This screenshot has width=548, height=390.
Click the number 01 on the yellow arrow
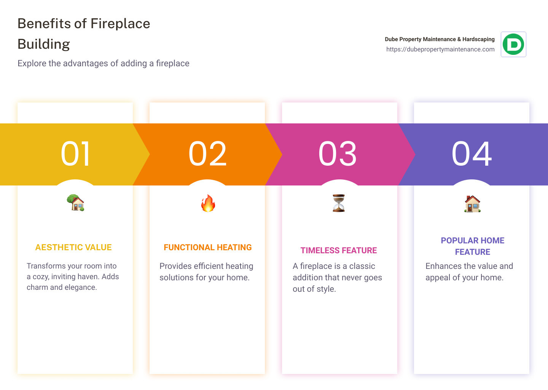(75, 154)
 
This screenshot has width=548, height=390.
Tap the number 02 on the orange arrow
(207, 154)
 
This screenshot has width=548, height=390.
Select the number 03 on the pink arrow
(338, 154)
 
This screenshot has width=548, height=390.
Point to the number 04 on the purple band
(472, 154)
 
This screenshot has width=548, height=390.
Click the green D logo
(513, 45)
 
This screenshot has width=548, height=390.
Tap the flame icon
(208, 203)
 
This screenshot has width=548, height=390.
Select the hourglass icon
(339, 203)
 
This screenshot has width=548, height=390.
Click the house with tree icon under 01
(75, 203)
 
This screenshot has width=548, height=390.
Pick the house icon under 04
(472, 204)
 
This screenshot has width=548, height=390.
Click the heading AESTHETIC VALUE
(73, 248)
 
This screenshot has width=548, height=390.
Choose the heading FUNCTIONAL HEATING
(208, 248)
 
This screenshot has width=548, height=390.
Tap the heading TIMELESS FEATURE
(339, 251)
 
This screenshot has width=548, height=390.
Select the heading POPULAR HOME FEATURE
(473, 246)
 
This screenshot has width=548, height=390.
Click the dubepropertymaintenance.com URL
(440, 50)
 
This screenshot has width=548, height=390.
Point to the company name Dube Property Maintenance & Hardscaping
(440, 39)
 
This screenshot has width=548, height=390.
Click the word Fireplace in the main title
(120, 24)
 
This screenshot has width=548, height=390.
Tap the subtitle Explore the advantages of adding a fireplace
(104, 63)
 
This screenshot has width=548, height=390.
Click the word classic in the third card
(362, 266)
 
